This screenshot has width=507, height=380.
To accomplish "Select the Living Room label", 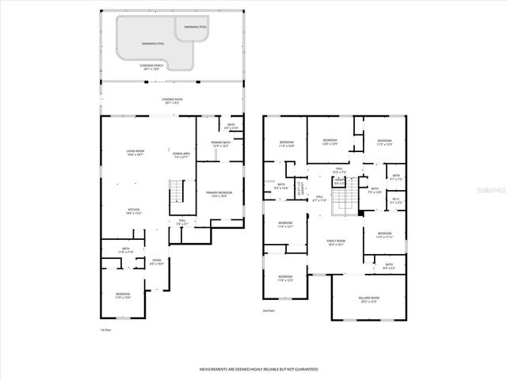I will [x=135, y=154].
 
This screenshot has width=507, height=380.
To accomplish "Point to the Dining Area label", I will [x=181, y=155].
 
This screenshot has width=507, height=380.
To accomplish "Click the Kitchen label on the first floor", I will [x=135, y=211].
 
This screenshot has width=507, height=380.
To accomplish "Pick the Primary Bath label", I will [x=221, y=145].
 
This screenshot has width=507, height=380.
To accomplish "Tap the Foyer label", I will [x=157, y=262].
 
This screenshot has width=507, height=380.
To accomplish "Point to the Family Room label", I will [x=337, y=242].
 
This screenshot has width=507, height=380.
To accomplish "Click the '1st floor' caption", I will [x=105, y=330].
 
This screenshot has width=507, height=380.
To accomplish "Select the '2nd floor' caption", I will [x=269, y=311].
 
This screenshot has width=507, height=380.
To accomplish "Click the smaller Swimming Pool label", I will [x=196, y=27].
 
